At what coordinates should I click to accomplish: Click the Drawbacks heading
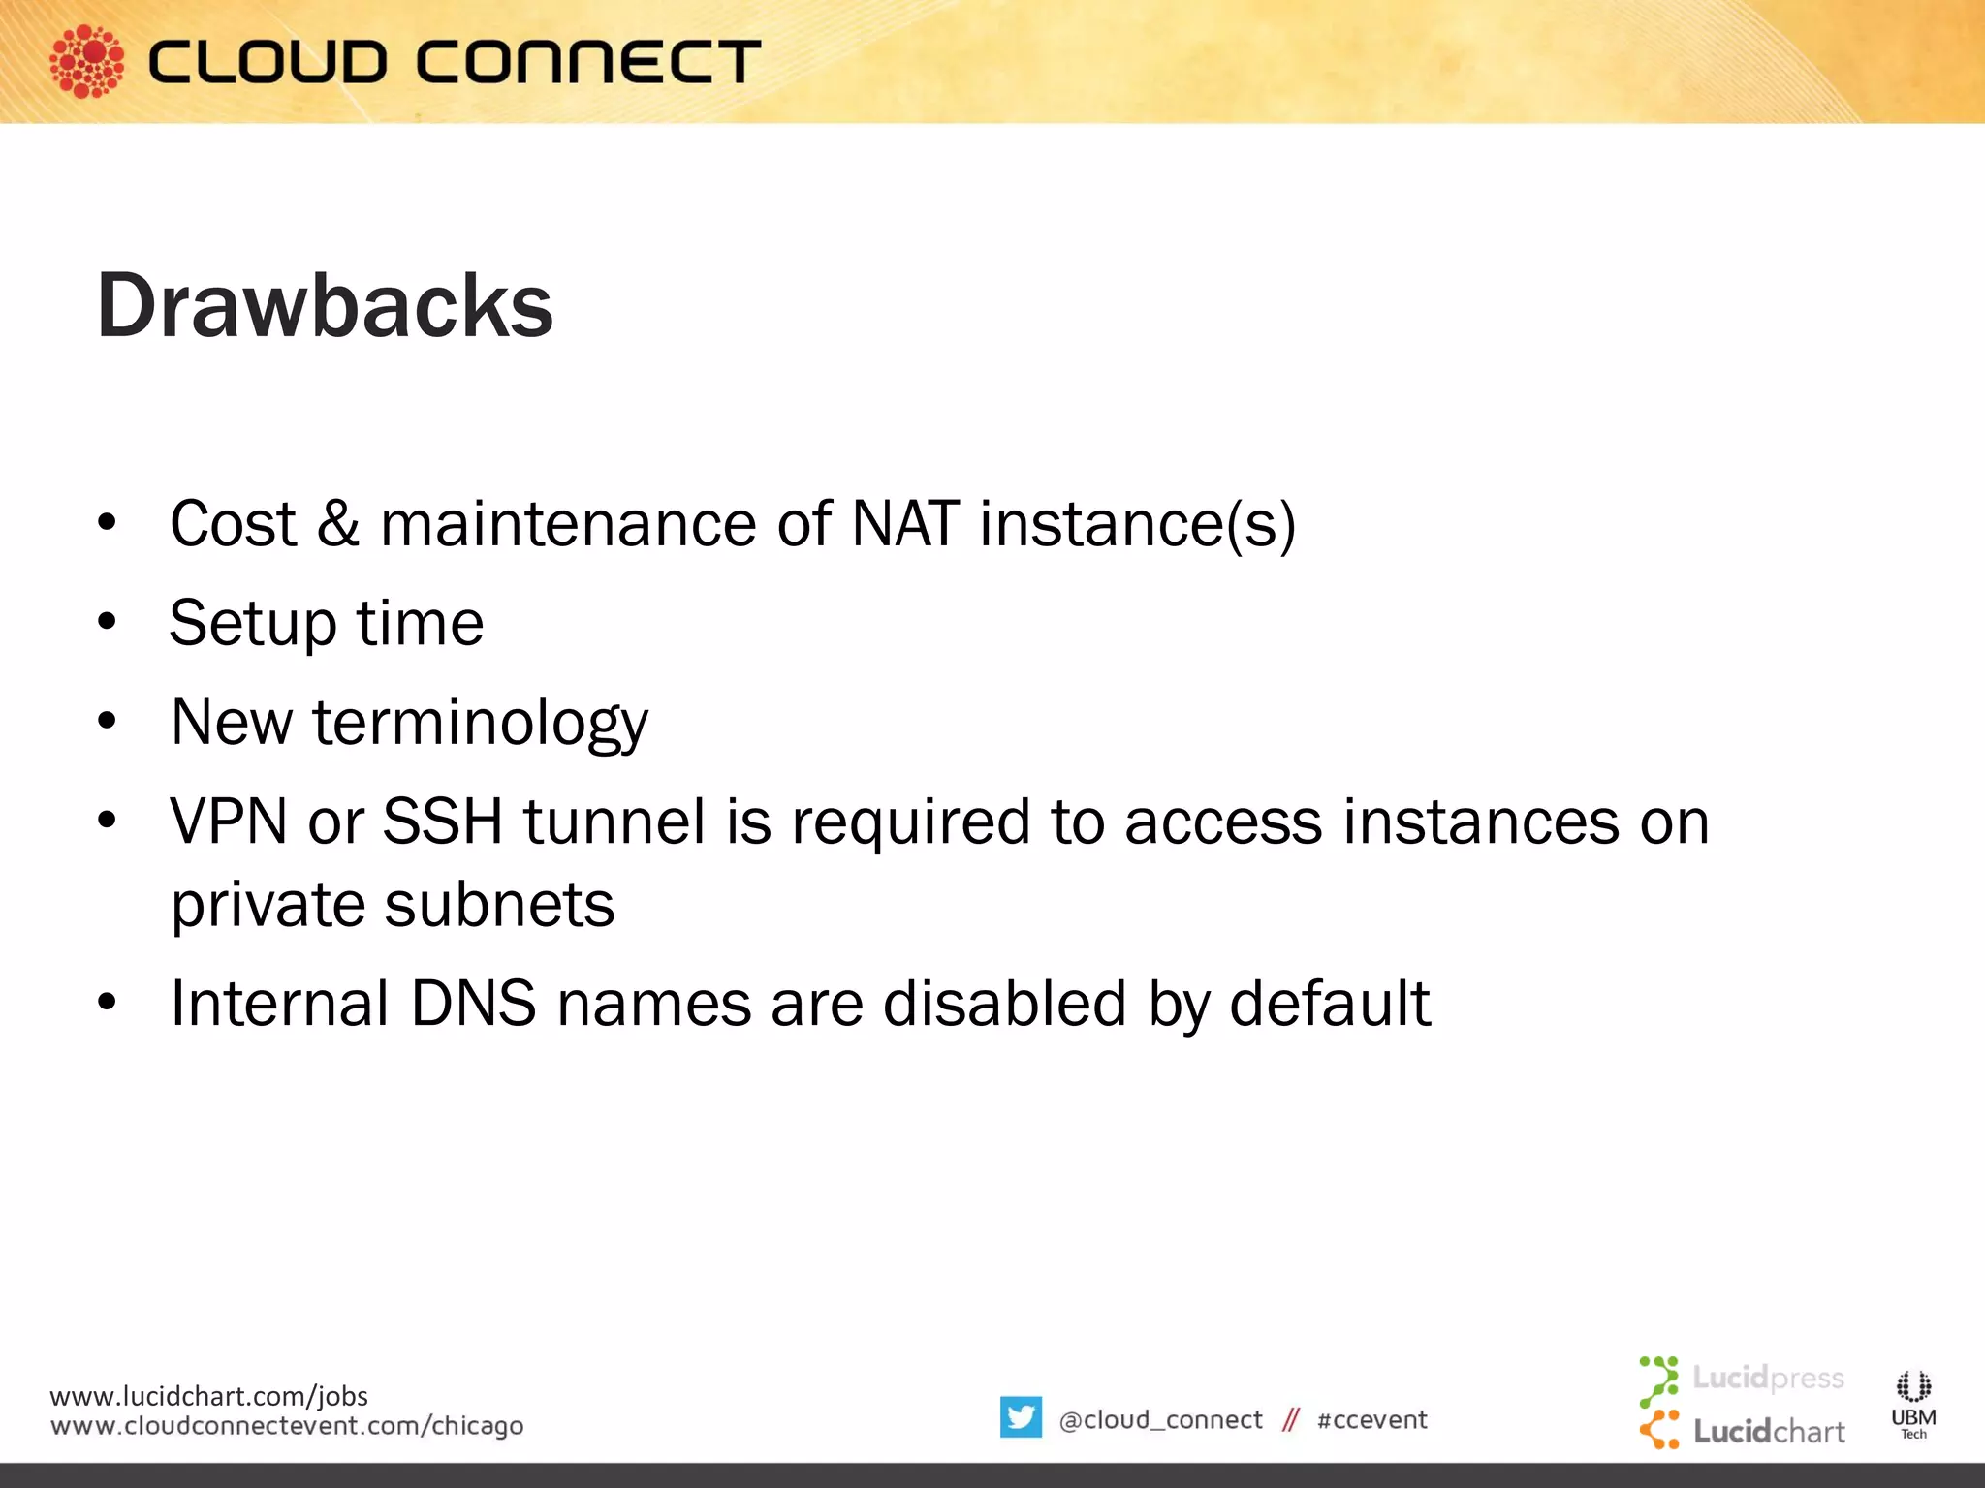coord(325,306)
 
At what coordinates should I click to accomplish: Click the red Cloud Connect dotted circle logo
coord(86,62)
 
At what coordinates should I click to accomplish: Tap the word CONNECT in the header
coord(588,63)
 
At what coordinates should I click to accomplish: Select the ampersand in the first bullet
coord(337,524)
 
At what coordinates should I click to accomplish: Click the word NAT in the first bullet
coord(905,524)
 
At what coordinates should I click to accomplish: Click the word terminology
coord(480,724)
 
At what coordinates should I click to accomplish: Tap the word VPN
coord(229,822)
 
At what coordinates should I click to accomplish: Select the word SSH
coord(442,822)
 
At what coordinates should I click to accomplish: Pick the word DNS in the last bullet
coord(473,1004)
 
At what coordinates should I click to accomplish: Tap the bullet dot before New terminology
coord(107,722)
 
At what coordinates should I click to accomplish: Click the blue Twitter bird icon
coord(1021,1417)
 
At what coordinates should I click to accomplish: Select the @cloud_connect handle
coord(1160,1420)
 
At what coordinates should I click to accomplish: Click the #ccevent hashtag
coord(1371,1420)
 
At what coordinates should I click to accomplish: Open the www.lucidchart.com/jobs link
coord(208,1396)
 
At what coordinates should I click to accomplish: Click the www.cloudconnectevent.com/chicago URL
coord(287,1426)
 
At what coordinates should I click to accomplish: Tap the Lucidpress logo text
coord(1767,1378)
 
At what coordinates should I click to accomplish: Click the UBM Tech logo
coord(1913,1404)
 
